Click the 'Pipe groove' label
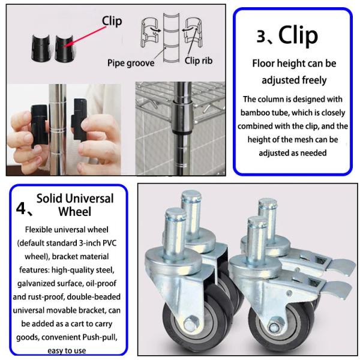click(131, 63)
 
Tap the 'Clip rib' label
click(199, 61)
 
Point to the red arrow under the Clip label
click(86, 37)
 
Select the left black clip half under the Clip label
click(41, 48)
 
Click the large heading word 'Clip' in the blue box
click(298, 35)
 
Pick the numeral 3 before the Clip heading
click(262, 36)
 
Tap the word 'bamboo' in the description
click(255, 113)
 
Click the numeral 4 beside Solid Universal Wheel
click(21, 208)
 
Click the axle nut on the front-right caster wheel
click(274, 327)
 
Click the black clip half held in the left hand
click(40, 125)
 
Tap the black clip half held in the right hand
click(79, 119)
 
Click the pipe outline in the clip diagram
click(171, 38)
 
